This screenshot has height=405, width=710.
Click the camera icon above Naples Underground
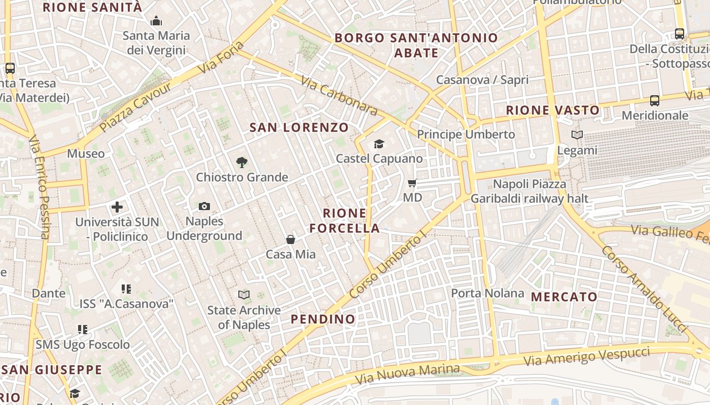(x=204, y=206)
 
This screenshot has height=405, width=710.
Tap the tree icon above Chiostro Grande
(x=242, y=163)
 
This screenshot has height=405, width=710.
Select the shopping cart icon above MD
(x=412, y=183)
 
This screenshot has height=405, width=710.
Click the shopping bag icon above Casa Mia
(x=291, y=239)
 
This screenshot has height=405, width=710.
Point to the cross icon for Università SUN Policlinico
(x=117, y=207)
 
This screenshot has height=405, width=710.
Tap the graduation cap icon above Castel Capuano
(x=379, y=144)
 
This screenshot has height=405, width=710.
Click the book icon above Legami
(x=577, y=135)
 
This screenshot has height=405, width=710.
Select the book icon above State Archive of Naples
(x=244, y=295)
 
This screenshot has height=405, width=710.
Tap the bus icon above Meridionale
(x=655, y=101)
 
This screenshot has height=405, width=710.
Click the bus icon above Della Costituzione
(x=679, y=34)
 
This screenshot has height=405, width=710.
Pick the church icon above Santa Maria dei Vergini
(x=156, y=21)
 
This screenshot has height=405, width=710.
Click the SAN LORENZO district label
(x=299, y=128)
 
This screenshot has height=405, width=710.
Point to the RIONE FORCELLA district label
(x=345, y=221)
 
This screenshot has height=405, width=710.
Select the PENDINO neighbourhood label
(x=323, y=319)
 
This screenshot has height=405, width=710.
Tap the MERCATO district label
(x=564, y=297)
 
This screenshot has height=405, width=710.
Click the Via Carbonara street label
(x=339, y=96)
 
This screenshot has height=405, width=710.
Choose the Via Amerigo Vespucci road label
(x=587, y=356)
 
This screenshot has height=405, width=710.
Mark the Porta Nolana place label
(x=487, y=293)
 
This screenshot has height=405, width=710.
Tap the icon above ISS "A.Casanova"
(x=126, y=289)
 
